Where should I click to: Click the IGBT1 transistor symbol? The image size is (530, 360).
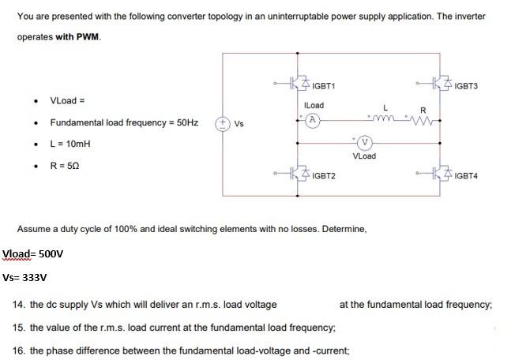(299, 81)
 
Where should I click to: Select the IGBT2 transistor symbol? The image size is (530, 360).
(299, 171)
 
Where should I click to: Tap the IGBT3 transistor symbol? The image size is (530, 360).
(440, 81)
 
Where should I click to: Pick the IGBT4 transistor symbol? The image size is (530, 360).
(440, 171)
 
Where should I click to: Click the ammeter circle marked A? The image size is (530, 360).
(313, 120)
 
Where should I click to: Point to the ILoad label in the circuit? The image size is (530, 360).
(314, 105)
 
